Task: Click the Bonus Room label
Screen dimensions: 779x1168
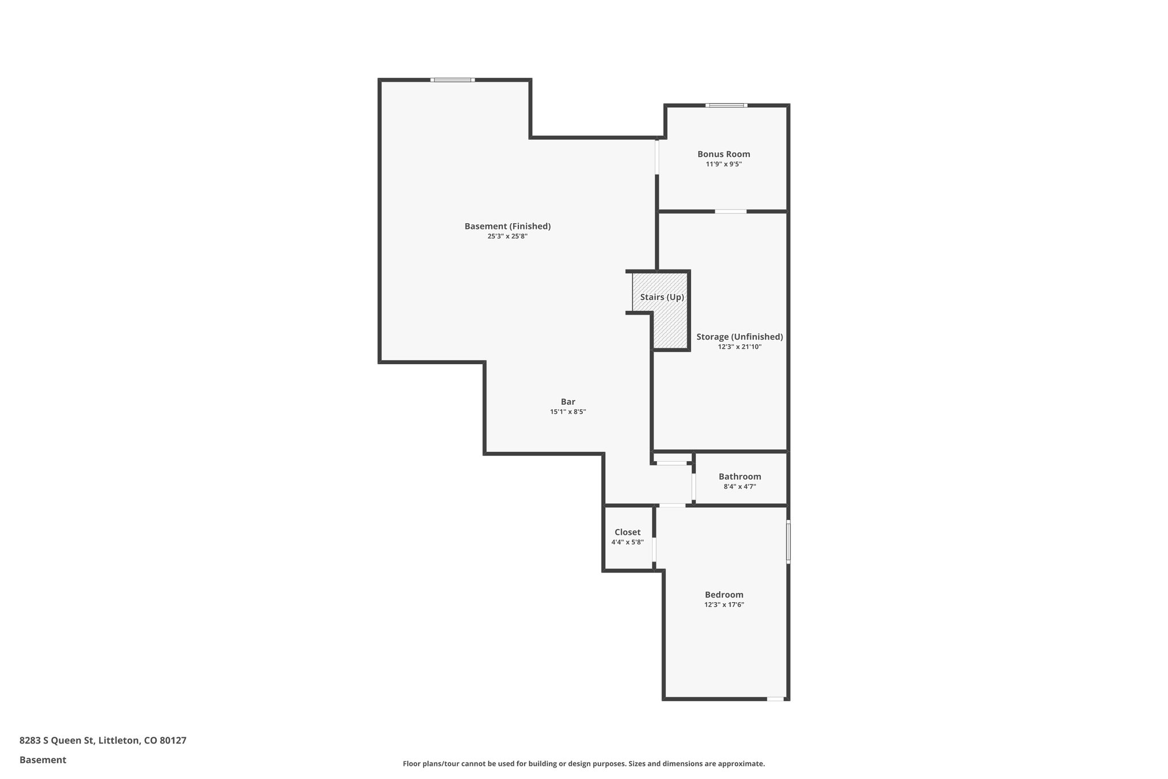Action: [x=724, y=154]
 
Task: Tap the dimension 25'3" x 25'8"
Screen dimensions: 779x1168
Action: [x=507, y=236]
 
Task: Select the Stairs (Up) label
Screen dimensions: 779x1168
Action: [x=662, y=297]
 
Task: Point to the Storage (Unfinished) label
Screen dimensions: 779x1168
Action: [x=739, y=337]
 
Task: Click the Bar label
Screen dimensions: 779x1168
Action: [x=567, y=402]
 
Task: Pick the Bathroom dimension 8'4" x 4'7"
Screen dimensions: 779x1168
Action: [x=740, y=487]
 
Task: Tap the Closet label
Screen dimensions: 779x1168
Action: [x=627, y=532]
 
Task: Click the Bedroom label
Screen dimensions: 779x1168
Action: [x=724, y=595]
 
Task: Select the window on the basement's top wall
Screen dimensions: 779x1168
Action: [x=452, y=80]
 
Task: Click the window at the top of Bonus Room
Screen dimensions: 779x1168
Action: [x=726, y=106]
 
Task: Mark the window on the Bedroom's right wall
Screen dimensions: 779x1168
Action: [x=788, y=542]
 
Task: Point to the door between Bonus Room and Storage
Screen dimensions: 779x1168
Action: [x=731, y=212]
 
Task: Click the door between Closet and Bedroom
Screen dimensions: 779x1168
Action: [x=654, y=550]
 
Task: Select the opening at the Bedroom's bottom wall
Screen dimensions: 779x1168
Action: [x=775, y=699]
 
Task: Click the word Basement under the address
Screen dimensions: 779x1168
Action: [x=43, y=760]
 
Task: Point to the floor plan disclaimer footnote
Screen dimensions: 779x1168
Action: [x=583, y=764]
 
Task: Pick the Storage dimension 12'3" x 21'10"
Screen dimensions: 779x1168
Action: [x=740, y=347]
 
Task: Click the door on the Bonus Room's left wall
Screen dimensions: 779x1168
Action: [x=657, y=157]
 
